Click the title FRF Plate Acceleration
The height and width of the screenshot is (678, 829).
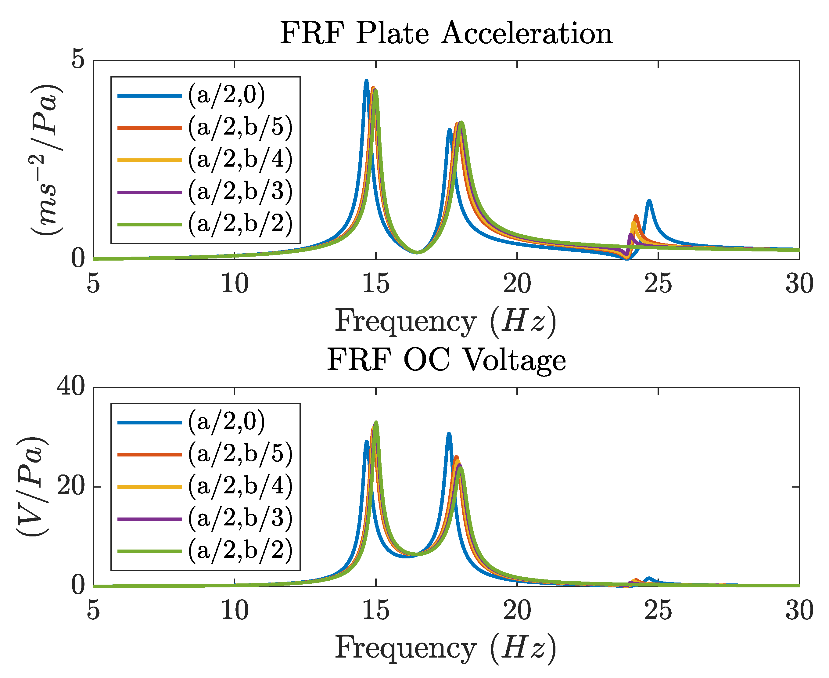coord(446,34)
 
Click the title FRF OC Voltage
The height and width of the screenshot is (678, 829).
coord(446,360)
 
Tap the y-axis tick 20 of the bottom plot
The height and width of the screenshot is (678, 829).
coord(71,487)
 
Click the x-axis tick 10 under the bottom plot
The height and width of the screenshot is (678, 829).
coord(235,611)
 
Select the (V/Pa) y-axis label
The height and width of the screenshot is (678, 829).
coord(32,487)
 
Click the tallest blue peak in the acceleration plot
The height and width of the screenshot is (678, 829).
coord(366,81)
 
